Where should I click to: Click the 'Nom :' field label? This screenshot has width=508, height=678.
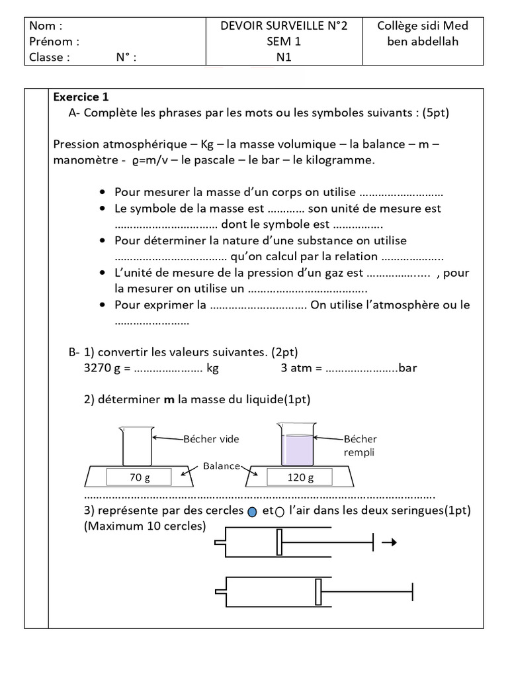pos(46,26)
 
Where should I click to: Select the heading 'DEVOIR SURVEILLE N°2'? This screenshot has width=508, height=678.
pos(284,26)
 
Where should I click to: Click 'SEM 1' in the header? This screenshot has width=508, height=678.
pos(284,41)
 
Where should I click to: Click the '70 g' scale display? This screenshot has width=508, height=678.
pos(136,477)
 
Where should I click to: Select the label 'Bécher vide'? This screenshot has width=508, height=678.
pos(211,439)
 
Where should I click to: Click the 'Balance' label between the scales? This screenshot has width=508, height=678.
pos(222,465)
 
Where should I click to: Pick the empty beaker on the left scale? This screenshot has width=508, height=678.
pos(137,447)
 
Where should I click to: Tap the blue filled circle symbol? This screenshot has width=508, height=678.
pos(251,511)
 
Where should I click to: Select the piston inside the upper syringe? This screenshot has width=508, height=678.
pos(280,543)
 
